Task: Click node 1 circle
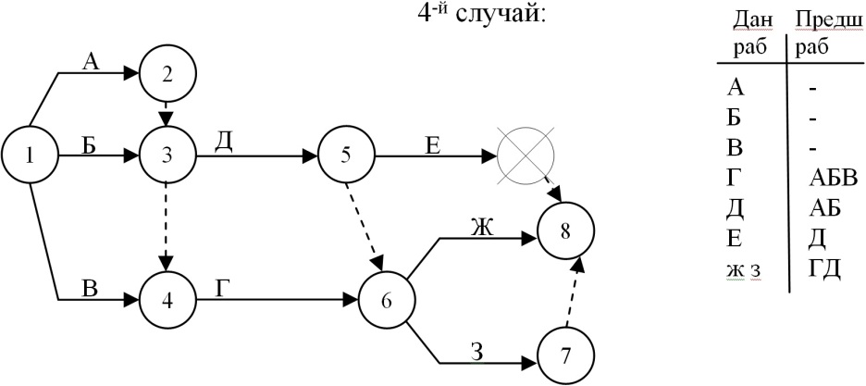pyautogui.click(x=30, y=155)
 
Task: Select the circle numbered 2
pyautogui.click(x=167, y=77)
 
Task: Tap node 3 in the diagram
pyautogui.click(x=167, y=155)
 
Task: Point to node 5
pyautogui.click(x=344, y=155)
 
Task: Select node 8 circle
pyautogui.click(x=566, y=229)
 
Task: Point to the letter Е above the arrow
pyautogui.click(x=433, y=143)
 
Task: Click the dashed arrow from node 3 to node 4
pyautogui.click(x=167, y=228)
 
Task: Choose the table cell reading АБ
pyautogui.click(x=821, y=209)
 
